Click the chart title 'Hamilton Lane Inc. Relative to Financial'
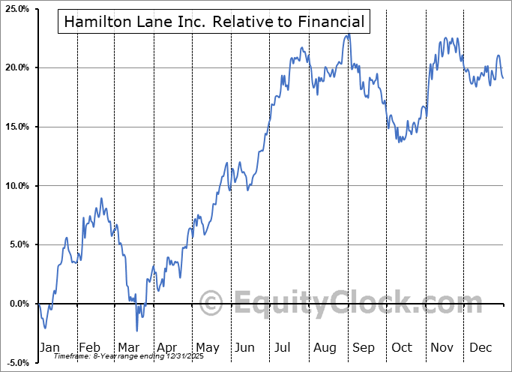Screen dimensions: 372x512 point(214,22)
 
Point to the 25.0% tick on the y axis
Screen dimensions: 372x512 point(16,9)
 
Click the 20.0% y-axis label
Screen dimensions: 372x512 point(16,67)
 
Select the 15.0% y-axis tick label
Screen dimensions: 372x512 point(16,127)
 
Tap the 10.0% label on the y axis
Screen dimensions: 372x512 point(16,186)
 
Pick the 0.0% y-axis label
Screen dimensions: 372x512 point(18,304)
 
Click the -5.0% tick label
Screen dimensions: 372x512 point(16,363)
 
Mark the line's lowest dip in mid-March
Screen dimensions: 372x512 point(137,330)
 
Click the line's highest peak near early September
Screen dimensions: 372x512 point(349,34)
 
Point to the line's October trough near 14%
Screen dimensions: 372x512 point(400,141)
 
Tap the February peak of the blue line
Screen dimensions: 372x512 point(101,199)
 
